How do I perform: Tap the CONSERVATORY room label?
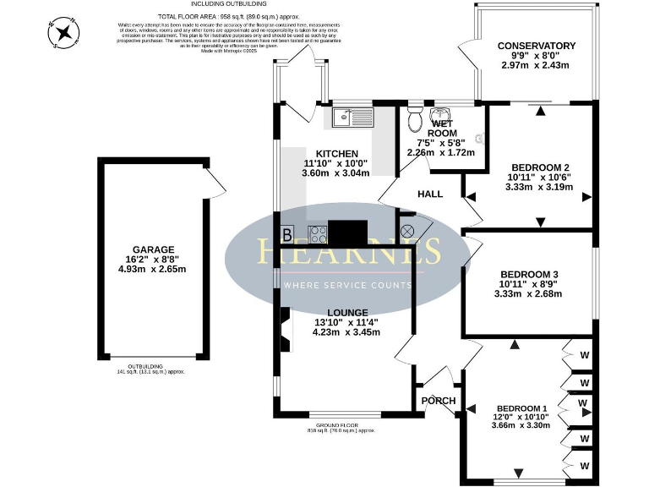pyautogui.click(x=537, y=46)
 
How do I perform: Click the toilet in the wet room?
pyautogui.click(x=413, y=120)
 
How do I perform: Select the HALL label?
pyautogui.click(x=430, y=194)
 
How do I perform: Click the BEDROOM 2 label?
pyautogui.click(x=538, y=167)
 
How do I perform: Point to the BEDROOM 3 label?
pyautogui.click(x=529, y=274)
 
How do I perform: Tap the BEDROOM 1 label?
pyautogui.click(x=522, y=409)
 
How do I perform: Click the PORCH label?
pyautogui.click(x=438, y=401)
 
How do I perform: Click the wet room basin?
pyautogui.click(x=442, y=117)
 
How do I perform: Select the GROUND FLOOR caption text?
pyautogui.click(x=341, y=424)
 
